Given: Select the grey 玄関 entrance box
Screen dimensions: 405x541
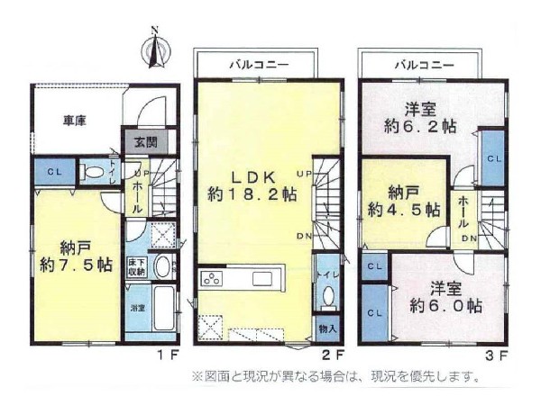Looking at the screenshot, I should (x=146, y=141).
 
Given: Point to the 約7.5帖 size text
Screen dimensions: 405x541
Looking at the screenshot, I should (x=77, y=265).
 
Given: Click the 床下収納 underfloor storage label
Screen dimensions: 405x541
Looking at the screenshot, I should (x=136, y=265).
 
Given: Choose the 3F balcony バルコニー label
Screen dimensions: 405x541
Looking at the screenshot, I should (x=421, y=67).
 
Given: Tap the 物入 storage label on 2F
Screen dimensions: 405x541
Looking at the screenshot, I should (x=327, y=328).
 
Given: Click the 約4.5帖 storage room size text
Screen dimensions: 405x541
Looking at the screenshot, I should (x=403, y=210).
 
